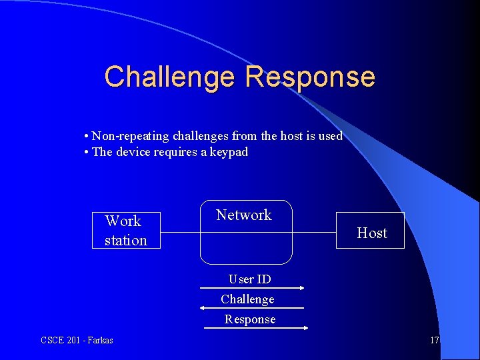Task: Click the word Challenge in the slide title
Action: (x=170, y=77)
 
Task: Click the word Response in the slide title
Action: (x=310, y=77)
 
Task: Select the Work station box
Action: (x=126, y=230)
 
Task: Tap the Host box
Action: (x=371, y=231)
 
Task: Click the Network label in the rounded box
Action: (x=244, y=215)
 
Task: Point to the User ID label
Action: (x=249, y=279)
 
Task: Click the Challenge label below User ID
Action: (x=247, y=299)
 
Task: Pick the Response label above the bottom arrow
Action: (x=250, y=319)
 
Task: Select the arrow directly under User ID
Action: (x=252, y=288)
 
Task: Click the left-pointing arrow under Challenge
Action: (x=252, y=308)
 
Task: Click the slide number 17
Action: (x=434, y=341)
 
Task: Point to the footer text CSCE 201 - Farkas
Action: (x=77, y=341)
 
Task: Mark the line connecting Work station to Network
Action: (x=180, y=232)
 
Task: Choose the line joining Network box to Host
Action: (x=314, y=232)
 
